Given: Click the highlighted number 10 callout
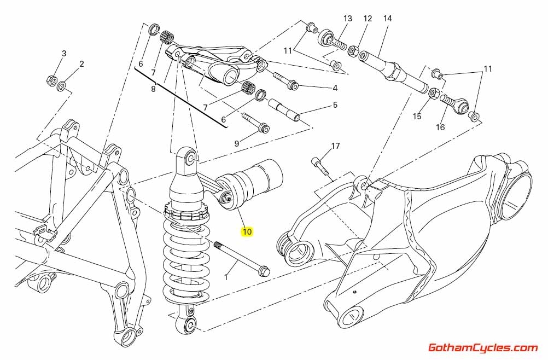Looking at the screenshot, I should (x=247, y=231).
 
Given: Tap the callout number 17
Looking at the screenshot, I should (x=335, y=146).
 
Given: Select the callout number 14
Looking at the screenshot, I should (x=387, y=19).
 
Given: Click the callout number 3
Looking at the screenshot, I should (x=64, y=53).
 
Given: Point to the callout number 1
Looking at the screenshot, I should (x=225, y=278).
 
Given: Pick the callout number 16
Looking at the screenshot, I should (x=441, y=127).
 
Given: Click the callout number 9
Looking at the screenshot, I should (x=237, y=144).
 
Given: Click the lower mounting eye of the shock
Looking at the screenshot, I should (x=190, y=325).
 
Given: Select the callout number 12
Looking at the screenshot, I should (x=368, y=19).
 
